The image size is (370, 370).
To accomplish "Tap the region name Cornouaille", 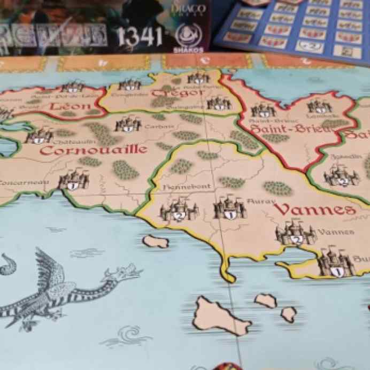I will [x=93, y=150].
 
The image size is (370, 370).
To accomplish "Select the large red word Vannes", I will [x=315, y=209].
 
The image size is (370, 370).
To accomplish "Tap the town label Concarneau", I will [x=25, y=182].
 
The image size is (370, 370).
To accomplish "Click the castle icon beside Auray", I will [x=229, y=207].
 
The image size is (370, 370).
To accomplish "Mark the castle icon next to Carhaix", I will [x=127, y=125].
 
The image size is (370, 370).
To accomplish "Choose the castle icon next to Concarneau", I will [x=73, y=181].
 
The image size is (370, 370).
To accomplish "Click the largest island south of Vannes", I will [x=219, y=317].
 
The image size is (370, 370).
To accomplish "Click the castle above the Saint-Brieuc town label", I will [x=263, y=110].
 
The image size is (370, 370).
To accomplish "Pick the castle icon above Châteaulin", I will [x=40, y=136].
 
